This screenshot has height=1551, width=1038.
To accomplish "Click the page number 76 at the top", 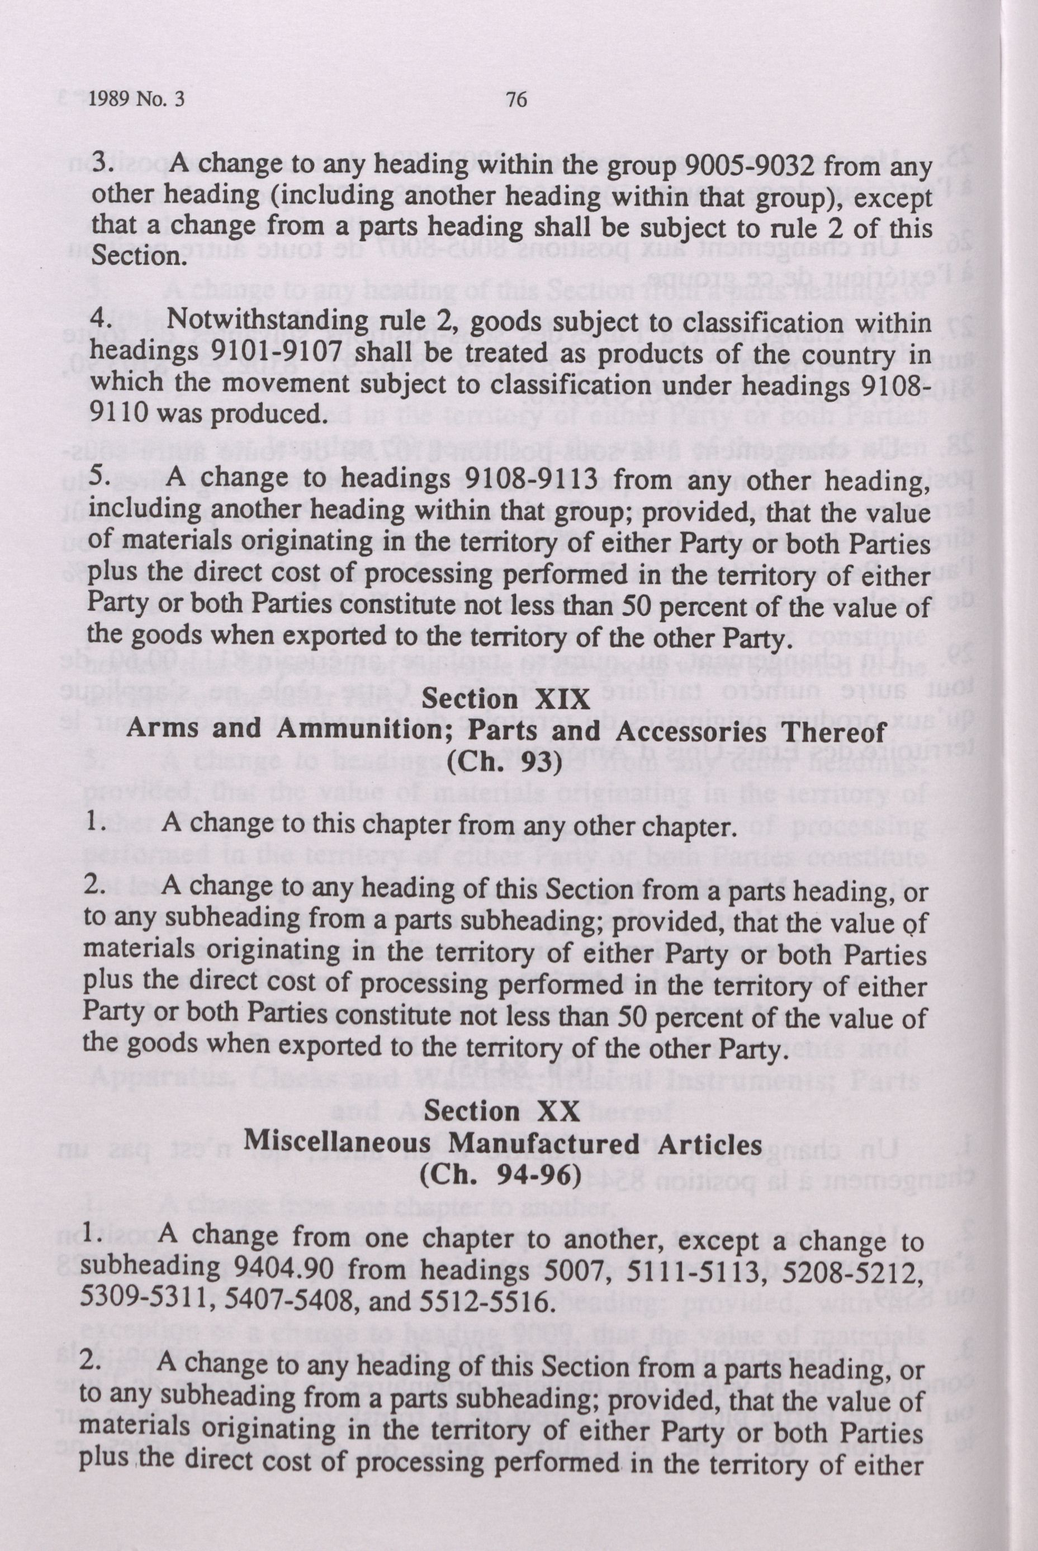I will (516, 100).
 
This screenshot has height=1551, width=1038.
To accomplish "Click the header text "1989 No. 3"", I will (136, 100).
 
